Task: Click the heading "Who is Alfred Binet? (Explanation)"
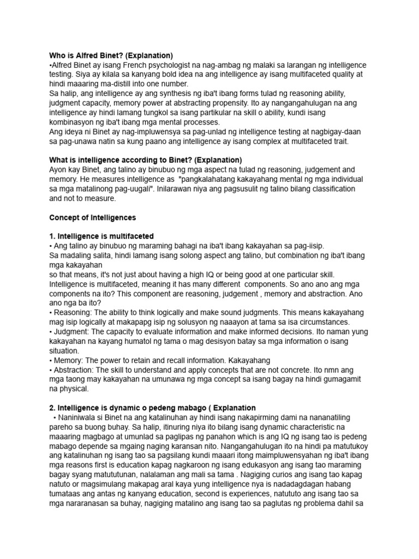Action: (111, 56)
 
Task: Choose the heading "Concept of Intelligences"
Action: (92, 217)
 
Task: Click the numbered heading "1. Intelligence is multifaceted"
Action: (101, 236)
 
